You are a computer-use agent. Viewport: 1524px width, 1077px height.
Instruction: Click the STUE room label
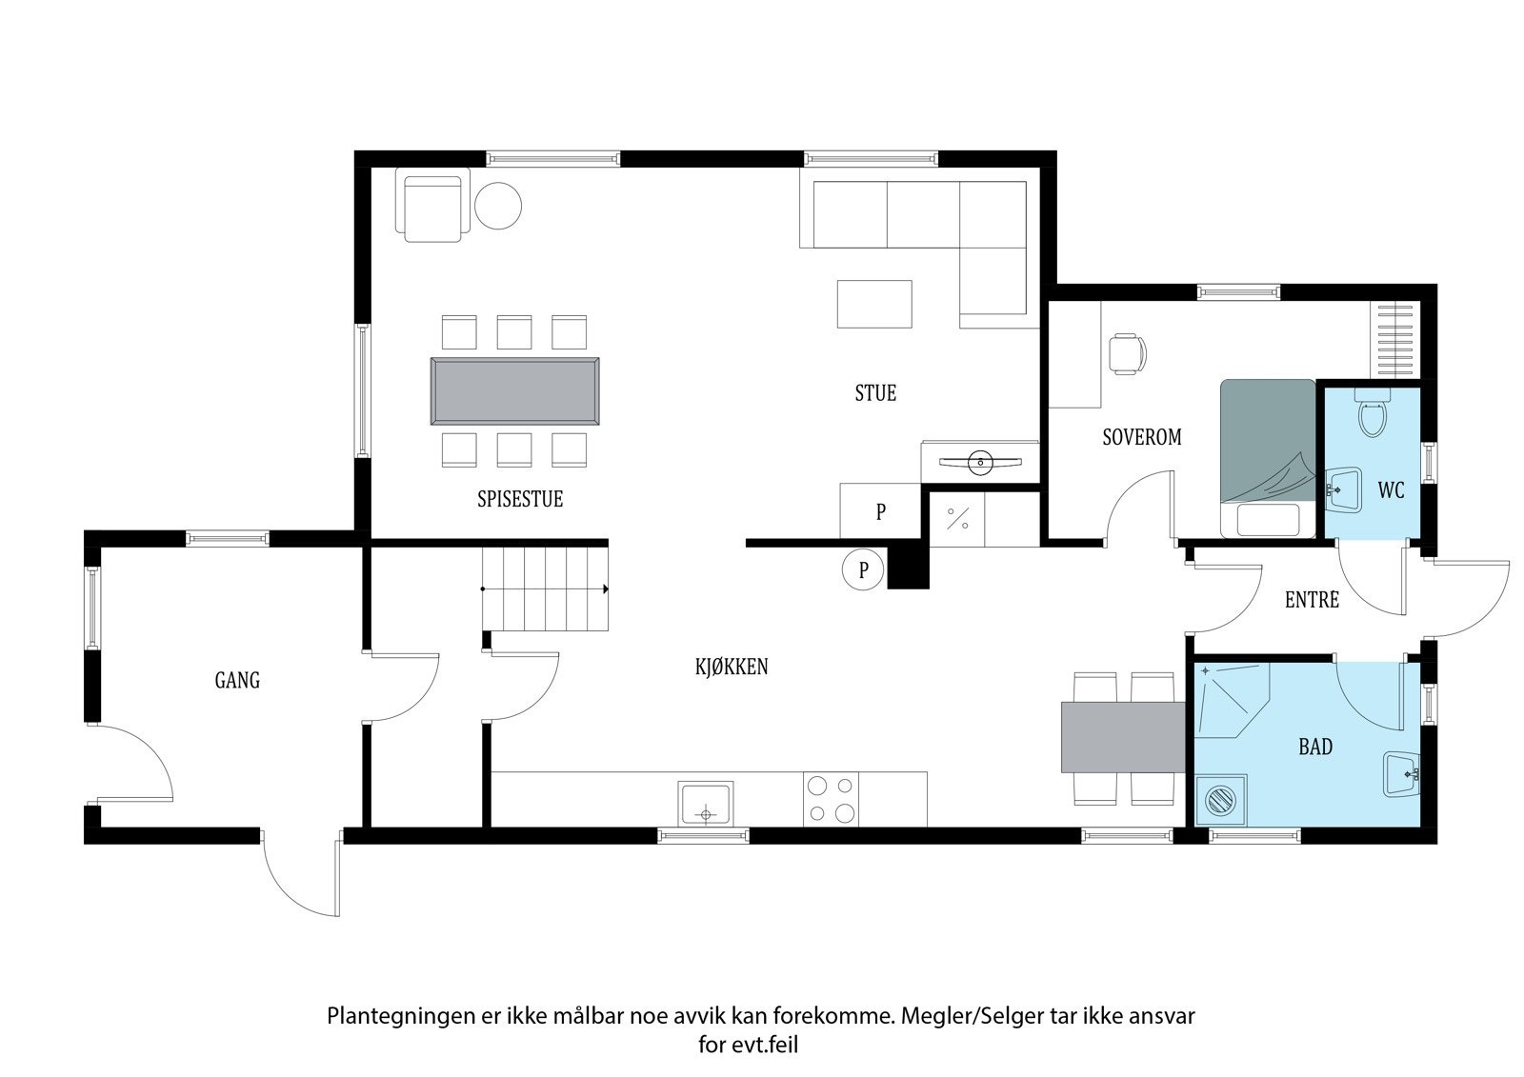[875, 393]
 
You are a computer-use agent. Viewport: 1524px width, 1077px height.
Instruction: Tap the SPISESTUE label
[520, 499]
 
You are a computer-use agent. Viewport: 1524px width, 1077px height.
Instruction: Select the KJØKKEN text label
[731, 667]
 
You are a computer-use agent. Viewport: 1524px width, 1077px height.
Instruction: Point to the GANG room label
[237, 680]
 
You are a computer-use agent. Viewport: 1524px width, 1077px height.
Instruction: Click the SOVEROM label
[1141, 437]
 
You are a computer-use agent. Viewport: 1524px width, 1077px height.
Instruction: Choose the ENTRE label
[1312, 600]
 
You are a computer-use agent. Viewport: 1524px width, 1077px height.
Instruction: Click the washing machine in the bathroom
[1218, 798]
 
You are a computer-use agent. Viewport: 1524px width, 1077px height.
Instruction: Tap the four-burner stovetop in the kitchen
[830, 799]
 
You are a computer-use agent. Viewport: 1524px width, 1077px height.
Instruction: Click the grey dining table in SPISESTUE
[515, 391]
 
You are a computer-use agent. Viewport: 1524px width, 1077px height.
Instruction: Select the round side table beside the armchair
[498, 205]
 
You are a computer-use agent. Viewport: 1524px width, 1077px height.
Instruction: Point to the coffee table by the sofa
[874, 304]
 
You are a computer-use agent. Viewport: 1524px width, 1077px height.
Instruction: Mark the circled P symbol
[864, 570]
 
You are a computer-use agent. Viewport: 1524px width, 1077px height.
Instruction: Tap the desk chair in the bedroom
[1128, 353]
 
